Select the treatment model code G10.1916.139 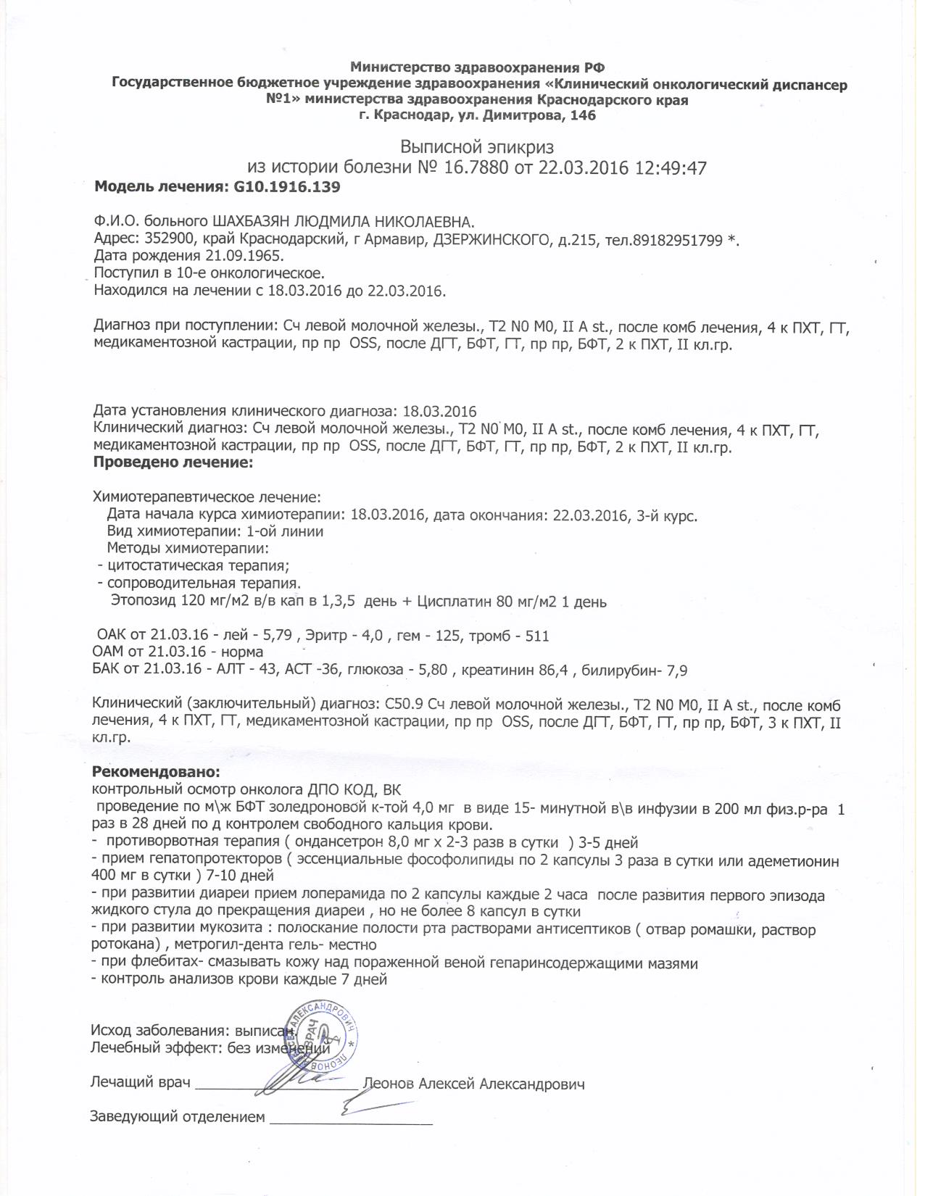tap(286, 187)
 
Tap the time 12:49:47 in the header tap(670, 168)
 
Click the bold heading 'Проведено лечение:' tap(174, 462)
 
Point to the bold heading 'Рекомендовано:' tap(156, 772)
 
